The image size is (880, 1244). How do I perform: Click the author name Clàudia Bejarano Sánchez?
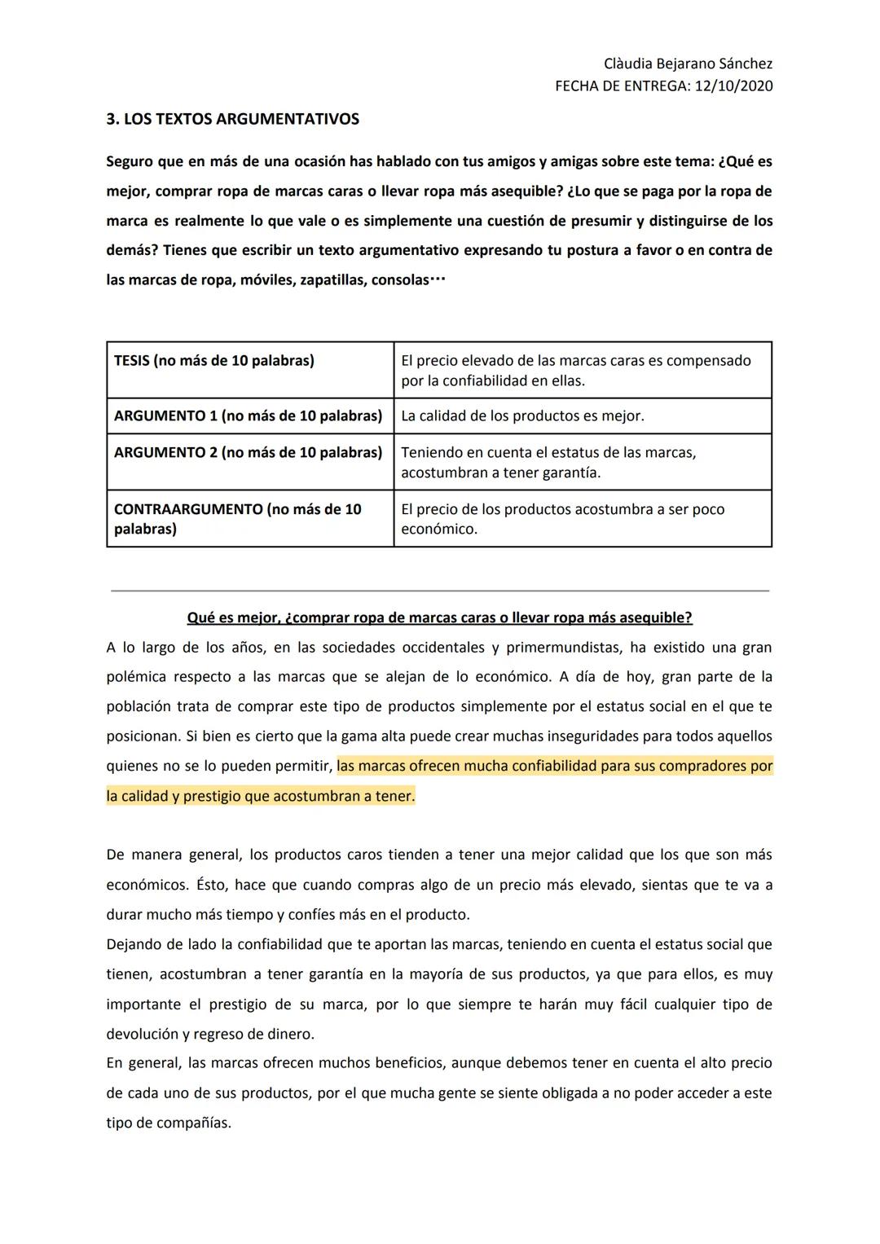pyautogui.click(x=688, y=64)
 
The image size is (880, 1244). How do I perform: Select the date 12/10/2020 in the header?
pyautogui.click(x=733, y=86)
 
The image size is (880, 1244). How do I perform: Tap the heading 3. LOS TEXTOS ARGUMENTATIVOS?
pyautogui.click(x=232, y=119)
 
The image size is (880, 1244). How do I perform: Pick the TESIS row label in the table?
pyautogui.click(x=213, y=360)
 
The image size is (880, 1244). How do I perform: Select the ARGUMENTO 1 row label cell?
pyautogui.click(x=248, y=415)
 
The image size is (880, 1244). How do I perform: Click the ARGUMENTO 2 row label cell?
pyautogui.click(x=248, y=452)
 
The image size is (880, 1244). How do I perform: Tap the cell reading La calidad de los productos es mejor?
pyautogui.click(x=522, y=415)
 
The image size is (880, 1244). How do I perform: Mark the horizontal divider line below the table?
pyautogui.click(x=439, y=590)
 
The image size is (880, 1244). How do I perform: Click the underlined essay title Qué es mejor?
pyautogui.click(x=439, y=618)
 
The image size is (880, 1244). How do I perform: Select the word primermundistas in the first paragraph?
pyautogui.click(x=557, y=648)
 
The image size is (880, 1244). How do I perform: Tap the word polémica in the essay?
pyautogui.click(x=136, y=677)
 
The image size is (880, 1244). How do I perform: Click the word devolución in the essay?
pyautogui.click(x=142, y=1034)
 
